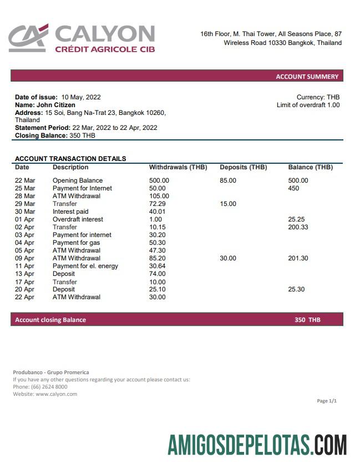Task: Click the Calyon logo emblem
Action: coord(28,38)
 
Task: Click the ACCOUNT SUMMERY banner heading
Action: coord(307,77)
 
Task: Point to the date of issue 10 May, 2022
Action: coord(81,97)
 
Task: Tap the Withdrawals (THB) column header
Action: coord(178,167)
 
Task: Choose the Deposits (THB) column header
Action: coord(243,167)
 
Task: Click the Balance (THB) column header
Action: coord(310,167)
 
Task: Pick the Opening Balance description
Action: coord(77,180)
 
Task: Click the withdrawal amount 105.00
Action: coord(159,196)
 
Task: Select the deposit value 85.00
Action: coord(228,180)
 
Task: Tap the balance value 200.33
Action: coord(298,227)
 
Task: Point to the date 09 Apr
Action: coord(24,258)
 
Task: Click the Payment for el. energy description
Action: coord(85,266)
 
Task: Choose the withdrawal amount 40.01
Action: coord(158,212)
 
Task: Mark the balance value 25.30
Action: coord(296,289)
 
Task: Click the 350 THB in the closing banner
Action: coord(307,320)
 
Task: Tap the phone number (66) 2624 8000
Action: coord(47,387)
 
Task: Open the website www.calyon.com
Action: coord(56,394)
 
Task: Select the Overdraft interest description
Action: coord(78,219)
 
